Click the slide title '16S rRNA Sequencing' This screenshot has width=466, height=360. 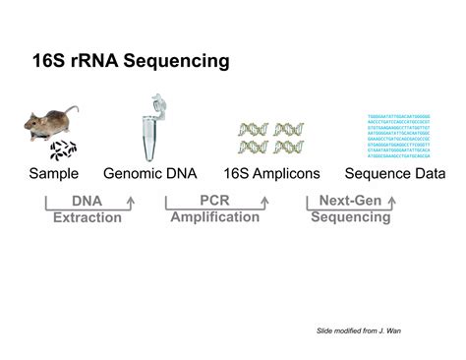pyautogui.click(x=132, y=62)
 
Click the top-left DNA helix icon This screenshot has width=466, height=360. pyautogui.click(x=253, y=129)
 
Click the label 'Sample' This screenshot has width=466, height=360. pyautogui.click(x=53, y=174)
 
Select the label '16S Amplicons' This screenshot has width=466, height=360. pyautogui.click(x=271, y=174)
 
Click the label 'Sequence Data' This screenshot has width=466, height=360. pyautogui.click(x=402, y=174)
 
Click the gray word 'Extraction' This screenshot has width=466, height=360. pyautogui.click(x=87, y=216)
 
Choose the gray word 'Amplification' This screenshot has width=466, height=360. pyautogui.click(x=214, y=216)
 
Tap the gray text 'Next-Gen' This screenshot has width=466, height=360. pyautogui.click(x=350, y=201)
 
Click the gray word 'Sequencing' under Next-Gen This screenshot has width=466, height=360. pyautogui.click(x=350, y=216)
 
